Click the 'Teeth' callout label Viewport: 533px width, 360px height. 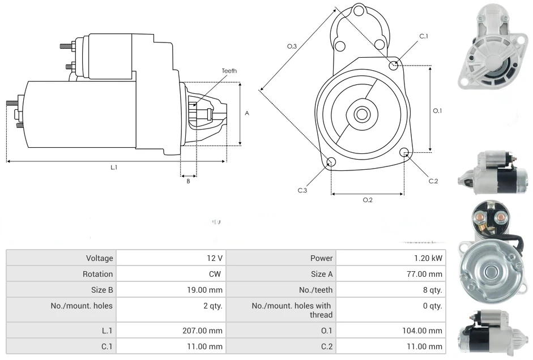pyautogui.click(x=229, y=71)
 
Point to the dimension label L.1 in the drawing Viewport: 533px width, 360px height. pyautogui.click(x=114, y=167)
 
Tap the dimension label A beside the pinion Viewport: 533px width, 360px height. pyautogui.click(x=247, y=113)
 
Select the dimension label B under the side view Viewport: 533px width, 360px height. pyautogui.click(x=188, y=181)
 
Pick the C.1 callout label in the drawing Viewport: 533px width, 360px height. pyautogui.click(x=423, y=36)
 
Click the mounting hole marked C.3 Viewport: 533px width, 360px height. pyautogui.click(x=331, y=163)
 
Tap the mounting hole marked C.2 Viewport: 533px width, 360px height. pyautogui.click(x=404, y=152)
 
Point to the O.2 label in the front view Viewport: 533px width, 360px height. pyautogui.click(x=367, y=200)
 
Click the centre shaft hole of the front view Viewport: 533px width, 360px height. pyautogui.click(x=361, y=114)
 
